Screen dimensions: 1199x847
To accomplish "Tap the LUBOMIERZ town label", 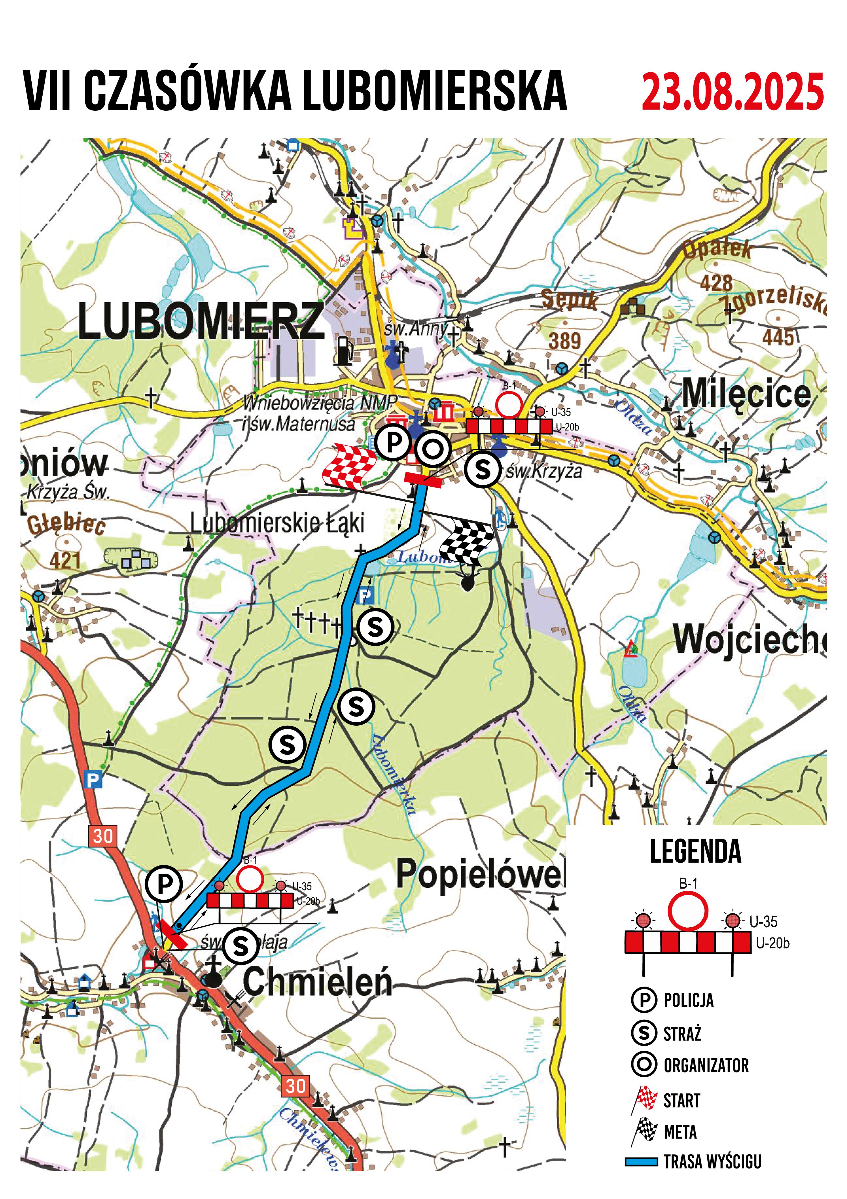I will (x=201, y=321).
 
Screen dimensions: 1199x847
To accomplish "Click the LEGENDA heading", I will (x=695, y=852).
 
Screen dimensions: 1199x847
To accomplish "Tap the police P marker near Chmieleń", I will (x=164, y=885).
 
